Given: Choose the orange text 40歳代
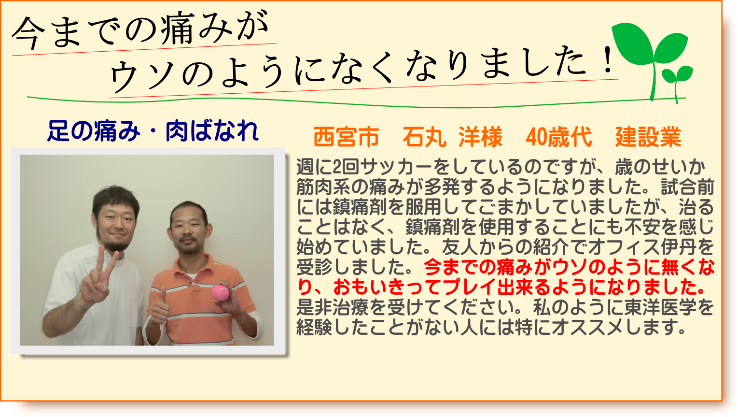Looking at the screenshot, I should click(x=558, y=137).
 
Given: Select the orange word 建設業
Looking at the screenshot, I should click(x=648, y=137).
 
